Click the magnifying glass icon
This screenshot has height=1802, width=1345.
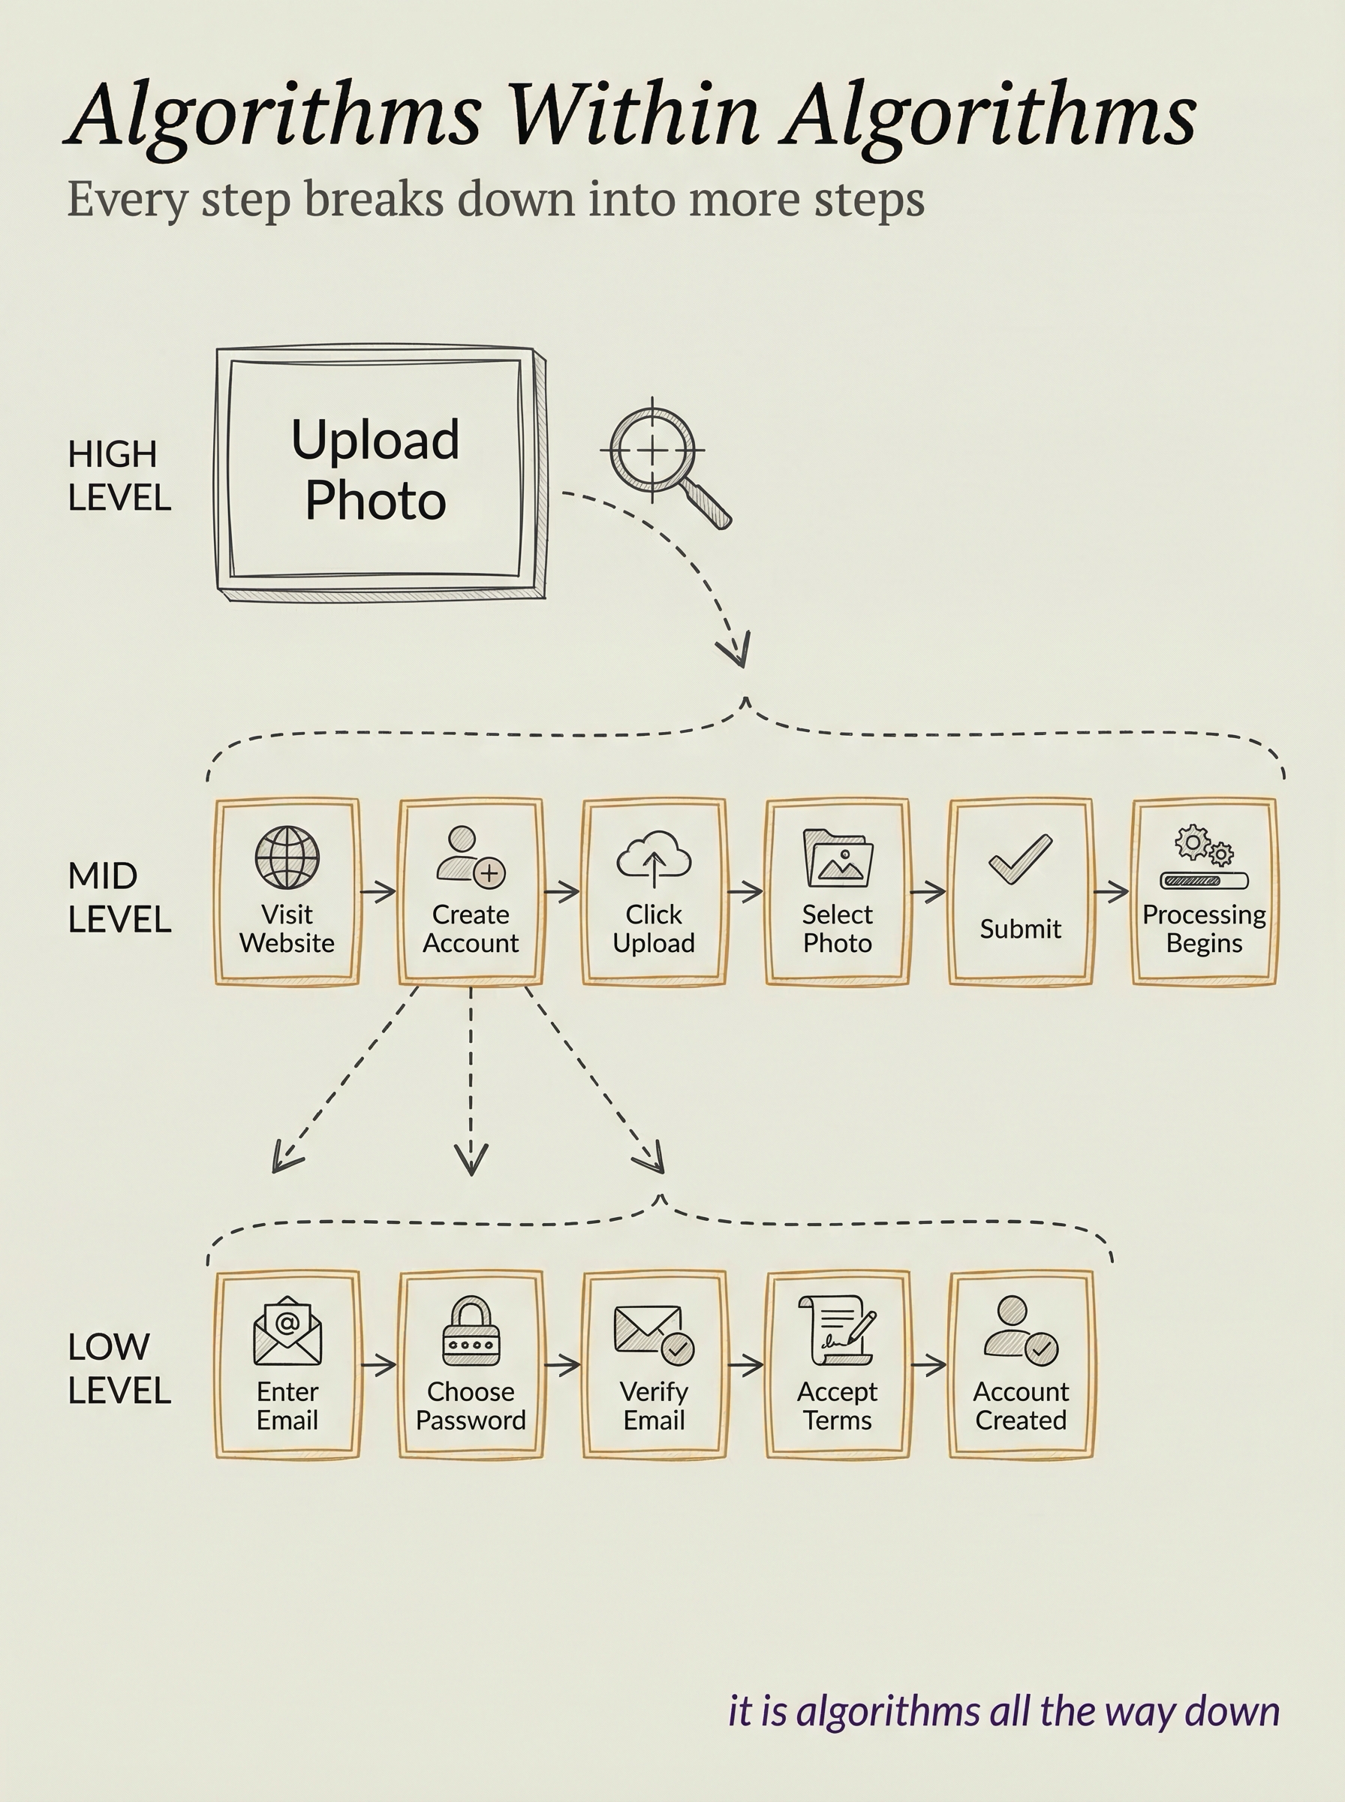point(661,457)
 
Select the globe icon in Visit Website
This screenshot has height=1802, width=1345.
point(287,857)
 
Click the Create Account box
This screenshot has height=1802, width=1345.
point(471,892)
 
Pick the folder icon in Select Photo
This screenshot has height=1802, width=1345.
point(838,858)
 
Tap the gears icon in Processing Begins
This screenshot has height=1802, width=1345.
point(1204,848)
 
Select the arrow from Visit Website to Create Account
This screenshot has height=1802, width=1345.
point(378,893)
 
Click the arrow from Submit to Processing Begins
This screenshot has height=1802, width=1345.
point(1112,893)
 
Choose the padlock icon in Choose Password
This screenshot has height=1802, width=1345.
point(471,1331)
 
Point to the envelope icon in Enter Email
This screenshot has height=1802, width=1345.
point(287,1331)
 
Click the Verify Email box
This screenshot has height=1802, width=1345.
point(654,1365)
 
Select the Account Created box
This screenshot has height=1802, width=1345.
point(1021,1365)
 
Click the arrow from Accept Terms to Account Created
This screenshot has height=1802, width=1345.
point(929,1365)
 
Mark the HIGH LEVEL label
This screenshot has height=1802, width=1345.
point(119,475)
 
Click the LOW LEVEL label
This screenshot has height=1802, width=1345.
point(119,1369)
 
